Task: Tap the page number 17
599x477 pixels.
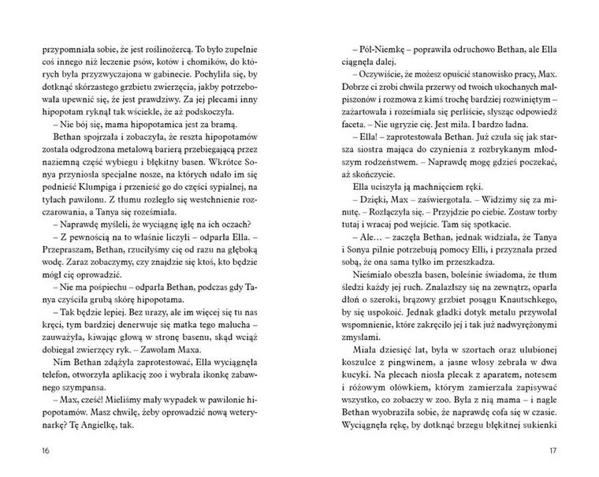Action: click(x=573, y=451)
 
